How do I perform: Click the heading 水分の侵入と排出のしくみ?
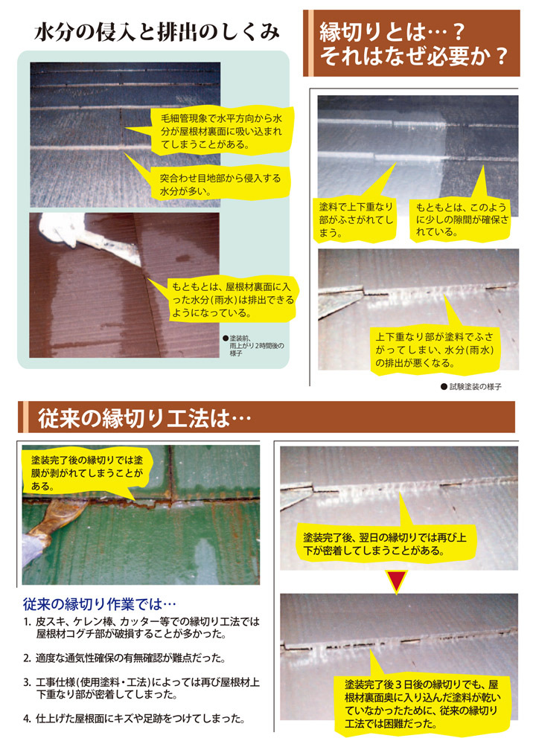(156, 33)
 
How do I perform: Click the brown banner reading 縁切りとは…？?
(412, 43)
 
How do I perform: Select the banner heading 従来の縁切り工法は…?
(267, 417)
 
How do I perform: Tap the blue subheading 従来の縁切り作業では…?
(99, 604)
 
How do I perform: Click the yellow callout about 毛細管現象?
(220, 131)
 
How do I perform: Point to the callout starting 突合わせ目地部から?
(220, 183)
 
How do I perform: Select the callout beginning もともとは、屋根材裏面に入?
(232, 300)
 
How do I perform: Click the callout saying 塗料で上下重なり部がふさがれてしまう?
(355, 219)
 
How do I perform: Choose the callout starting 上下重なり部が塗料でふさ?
(435, 350)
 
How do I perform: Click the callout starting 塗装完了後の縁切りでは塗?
(87, 473)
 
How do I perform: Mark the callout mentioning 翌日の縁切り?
(385, 544)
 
